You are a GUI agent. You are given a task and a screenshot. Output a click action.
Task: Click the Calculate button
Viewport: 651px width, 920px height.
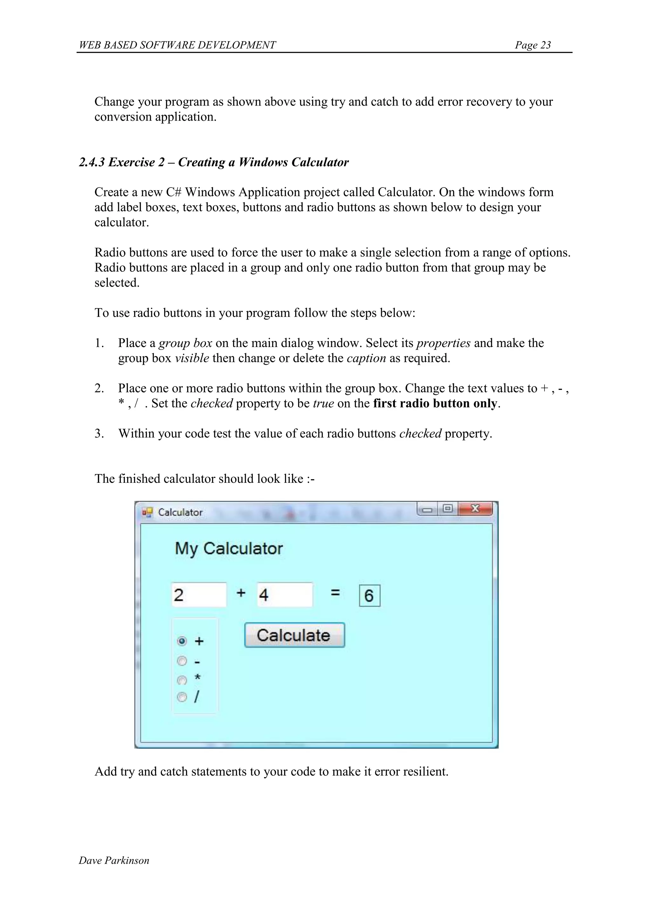[x=294, y=635]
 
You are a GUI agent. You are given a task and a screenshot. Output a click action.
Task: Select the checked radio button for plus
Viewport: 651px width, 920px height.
[x=182, y=641]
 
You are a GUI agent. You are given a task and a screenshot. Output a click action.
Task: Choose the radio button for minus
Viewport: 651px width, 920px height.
[x=182, y=661]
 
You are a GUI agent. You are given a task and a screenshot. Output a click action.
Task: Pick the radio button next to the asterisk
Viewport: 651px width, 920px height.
[x=182, y=680]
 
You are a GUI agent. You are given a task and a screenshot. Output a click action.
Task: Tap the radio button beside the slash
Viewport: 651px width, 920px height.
[x=182, y=697]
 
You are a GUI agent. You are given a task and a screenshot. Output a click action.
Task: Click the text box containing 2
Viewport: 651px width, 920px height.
[x=199, y=595]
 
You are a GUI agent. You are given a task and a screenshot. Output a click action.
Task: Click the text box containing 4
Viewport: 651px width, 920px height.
[x=284, y=595]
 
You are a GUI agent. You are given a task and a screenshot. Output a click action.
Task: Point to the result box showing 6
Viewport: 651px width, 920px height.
[x=369, y=596]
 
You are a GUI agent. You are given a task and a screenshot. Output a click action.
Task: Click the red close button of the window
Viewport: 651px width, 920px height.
[x=476, y=509]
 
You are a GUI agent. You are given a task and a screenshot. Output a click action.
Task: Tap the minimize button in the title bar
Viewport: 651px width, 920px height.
[x=427, y=510]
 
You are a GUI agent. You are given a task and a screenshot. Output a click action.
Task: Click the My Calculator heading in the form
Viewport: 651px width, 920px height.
[x=229, y=549]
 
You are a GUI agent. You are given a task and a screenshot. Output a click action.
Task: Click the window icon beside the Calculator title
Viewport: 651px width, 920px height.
[x=147, y=513]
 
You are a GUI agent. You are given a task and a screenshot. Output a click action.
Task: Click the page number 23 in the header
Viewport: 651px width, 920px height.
[x=545, y=45]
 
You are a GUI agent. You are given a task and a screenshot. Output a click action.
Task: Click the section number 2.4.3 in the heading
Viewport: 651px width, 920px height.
[x=92, y=162]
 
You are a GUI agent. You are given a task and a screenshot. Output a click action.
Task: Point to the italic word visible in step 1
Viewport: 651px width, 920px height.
[x=192, y=358]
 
